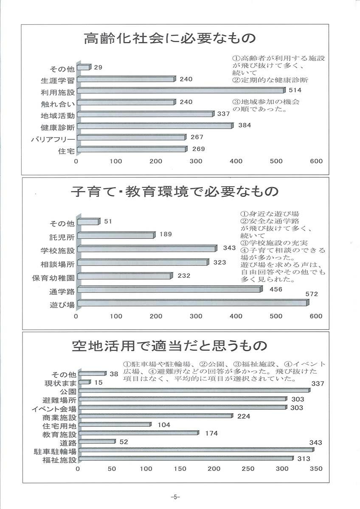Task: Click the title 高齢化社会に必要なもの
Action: [x=169, y=39]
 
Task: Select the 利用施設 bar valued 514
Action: [x=181, y=91]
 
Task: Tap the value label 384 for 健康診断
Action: [x=245, y=126]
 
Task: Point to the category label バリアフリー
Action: [x=53, y=139]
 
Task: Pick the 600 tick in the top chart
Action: [x=316, y=161]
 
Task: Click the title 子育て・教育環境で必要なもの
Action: [x=174, y=192]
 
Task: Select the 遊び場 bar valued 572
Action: [x=193, y=303]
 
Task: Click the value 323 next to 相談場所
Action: [x=219, y=263]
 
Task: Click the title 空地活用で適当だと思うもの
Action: [x=169, y=346]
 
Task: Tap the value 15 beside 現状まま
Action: [x=98, y=383]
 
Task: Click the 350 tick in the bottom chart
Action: [x=316, y=469]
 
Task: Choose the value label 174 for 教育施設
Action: [x=211, y=433]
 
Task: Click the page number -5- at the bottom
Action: [x=175, y=497]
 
